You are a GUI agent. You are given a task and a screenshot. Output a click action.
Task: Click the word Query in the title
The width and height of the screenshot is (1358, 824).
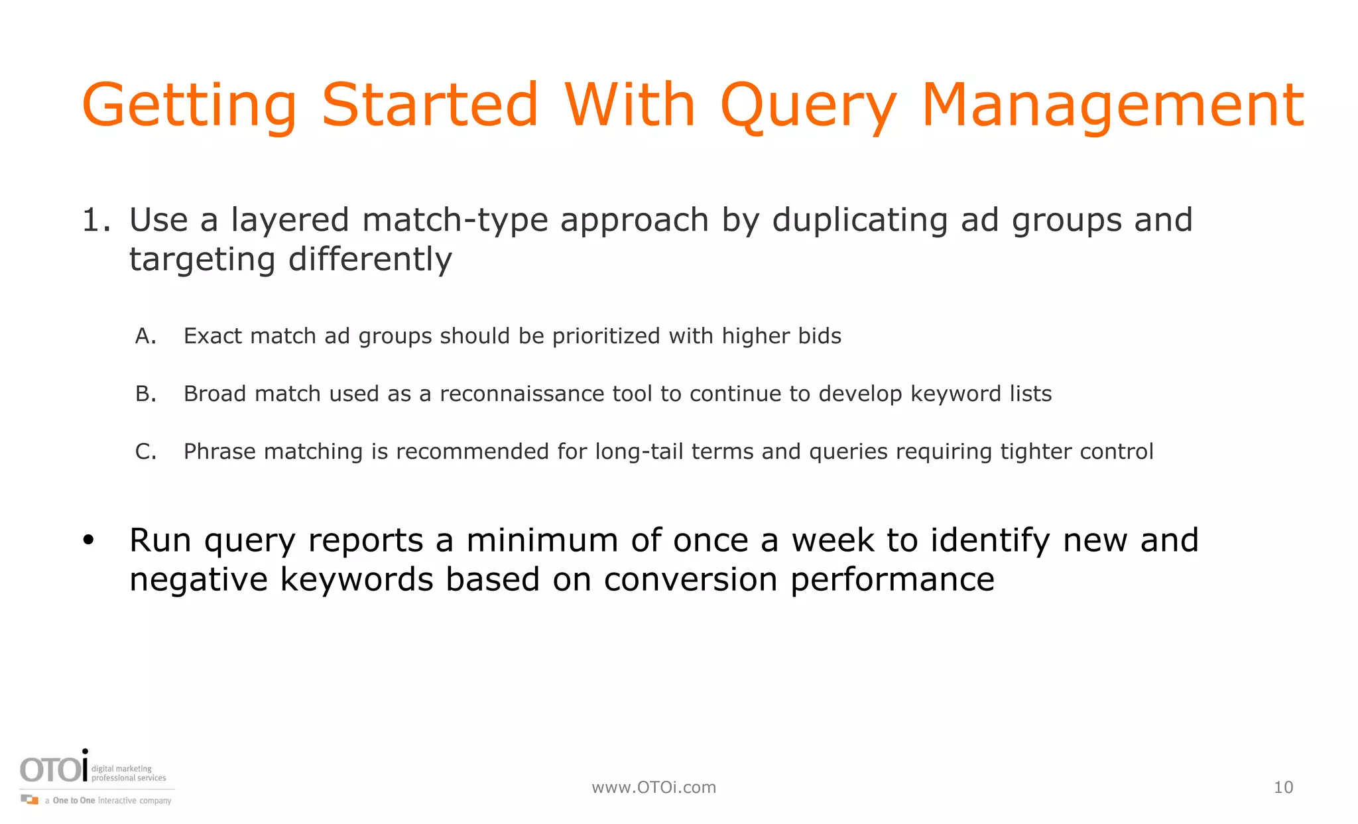point(808,106)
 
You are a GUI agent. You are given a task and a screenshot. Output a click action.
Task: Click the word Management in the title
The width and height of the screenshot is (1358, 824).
point(1113,106)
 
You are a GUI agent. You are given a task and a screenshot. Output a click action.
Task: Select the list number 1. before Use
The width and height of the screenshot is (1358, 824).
point(95,220)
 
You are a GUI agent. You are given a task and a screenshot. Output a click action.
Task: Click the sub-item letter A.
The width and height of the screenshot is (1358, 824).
point(145,336)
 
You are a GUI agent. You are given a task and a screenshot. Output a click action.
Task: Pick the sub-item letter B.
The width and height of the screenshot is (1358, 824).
point(145,394)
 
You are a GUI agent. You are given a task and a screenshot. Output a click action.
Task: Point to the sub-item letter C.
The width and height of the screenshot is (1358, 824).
point(145,451)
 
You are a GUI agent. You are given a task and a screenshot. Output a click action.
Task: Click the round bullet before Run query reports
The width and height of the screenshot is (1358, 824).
point(89,540)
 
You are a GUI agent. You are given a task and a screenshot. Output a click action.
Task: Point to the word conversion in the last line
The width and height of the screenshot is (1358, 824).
point(690,579)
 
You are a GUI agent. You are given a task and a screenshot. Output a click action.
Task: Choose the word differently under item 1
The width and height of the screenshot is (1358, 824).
point(370,259)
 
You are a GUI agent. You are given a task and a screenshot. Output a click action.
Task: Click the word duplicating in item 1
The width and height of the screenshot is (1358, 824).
point(860,220)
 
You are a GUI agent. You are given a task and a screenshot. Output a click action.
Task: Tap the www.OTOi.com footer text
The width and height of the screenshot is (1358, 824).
point(654,788)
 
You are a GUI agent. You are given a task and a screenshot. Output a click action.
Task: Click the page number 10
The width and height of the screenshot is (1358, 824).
point(1283,788)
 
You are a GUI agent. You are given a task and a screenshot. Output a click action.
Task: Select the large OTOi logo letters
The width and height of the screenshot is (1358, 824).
point(53,770)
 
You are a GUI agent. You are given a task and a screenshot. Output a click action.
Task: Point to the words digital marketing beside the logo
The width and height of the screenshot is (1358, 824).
point(121,769)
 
